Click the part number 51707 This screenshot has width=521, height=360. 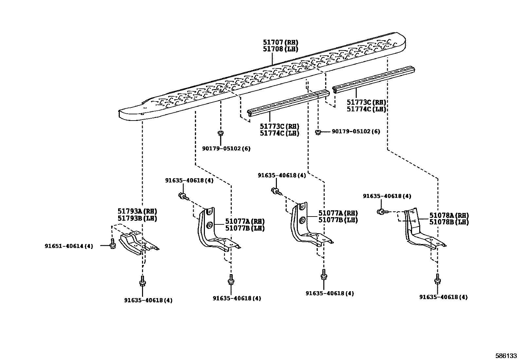[273, 43]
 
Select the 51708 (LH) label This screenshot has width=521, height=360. [280, 49]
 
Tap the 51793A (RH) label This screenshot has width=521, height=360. [137, 211]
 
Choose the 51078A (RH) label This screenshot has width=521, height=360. [449, 216]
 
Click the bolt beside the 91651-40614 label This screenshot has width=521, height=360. [112, 246]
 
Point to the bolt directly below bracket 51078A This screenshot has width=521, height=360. [437, 280]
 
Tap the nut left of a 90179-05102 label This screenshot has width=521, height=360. [317, 132]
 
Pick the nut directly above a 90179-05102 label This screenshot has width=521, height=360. [221, 133]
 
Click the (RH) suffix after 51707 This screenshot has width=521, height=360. [291, 43]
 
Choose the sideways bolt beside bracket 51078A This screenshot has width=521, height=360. [382, 212]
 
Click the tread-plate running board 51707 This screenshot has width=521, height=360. [262, 79]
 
